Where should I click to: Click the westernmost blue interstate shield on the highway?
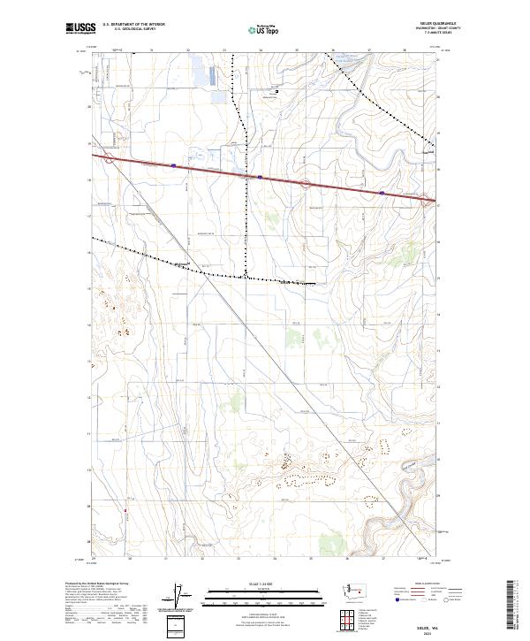coord(174,164)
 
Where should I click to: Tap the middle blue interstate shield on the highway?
coord(260,177)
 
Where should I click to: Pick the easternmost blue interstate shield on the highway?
coord(381,192)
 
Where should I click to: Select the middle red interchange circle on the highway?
coord(305,183)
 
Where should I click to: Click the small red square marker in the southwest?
coord(126,509)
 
